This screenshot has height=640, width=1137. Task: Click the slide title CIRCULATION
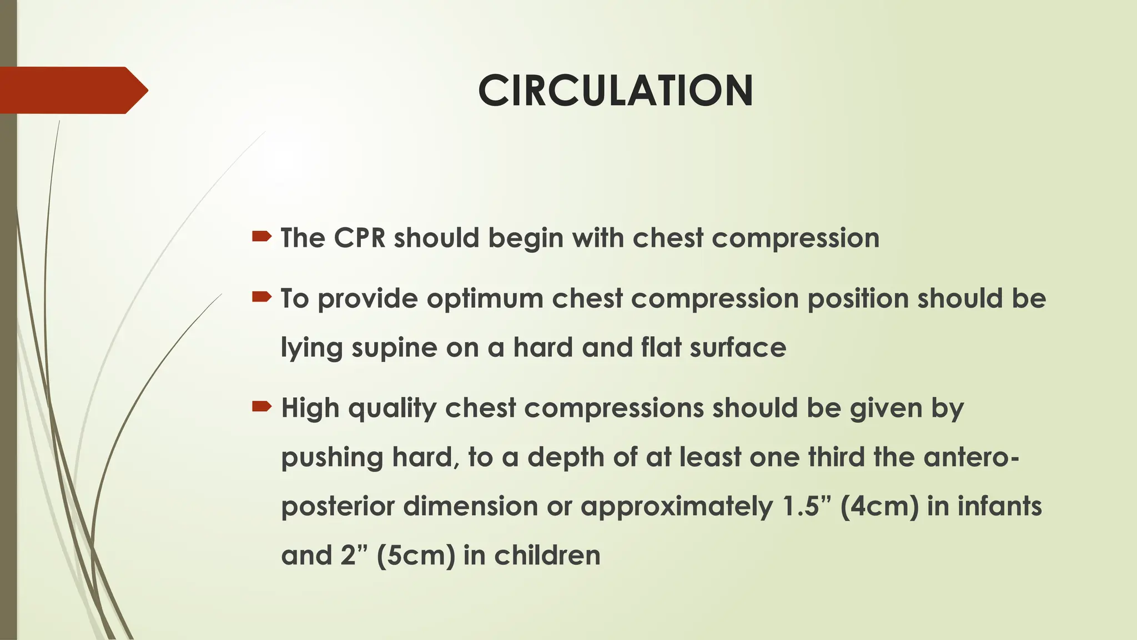[615, 91]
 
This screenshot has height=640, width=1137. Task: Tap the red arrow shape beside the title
[72, 90]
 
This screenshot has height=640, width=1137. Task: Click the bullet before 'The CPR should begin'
[261, 237]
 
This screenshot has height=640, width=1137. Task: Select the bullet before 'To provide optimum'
[261, 298]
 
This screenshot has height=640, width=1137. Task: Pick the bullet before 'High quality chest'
[261, 407]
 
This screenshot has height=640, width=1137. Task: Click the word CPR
[359, 238]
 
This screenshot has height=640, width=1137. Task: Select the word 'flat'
[661, 348]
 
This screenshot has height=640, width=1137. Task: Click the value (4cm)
[879, 507]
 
